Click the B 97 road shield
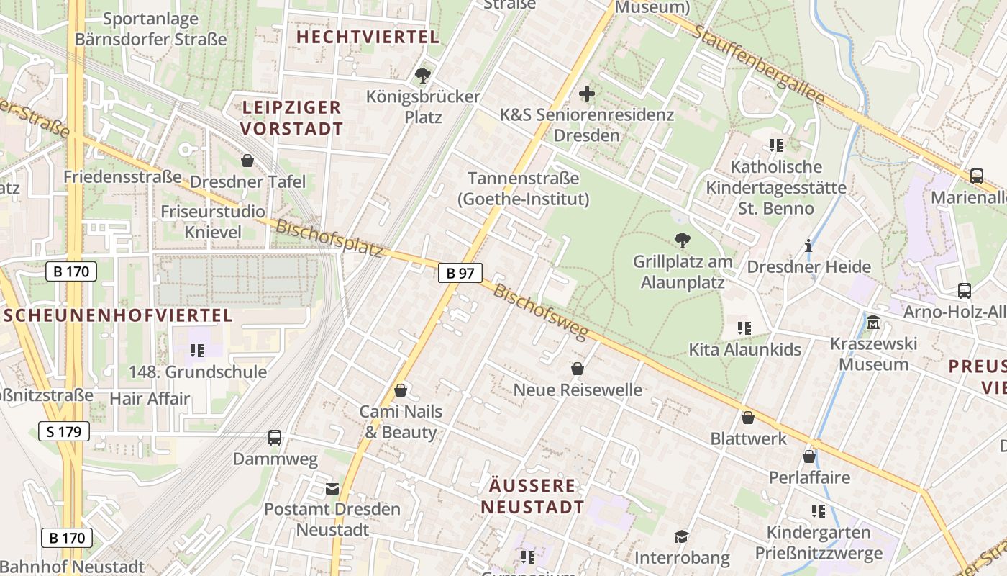coord(460,273)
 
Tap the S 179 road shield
coord(64,431)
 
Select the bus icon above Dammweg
coord(275,437)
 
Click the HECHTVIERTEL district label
coord(368,37)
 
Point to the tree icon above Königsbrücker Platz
coord(423,75)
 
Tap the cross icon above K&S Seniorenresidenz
coord(587,94)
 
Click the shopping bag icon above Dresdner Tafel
coord(247,160)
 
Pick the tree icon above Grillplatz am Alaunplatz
coord(682,240)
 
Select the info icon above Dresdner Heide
coord(808,246)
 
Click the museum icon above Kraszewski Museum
coord(873,322)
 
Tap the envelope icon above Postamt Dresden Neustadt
coord(332,489)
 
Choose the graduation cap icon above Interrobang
coord(681,536)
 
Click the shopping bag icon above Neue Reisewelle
coord(577,369)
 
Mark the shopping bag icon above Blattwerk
coord(748,418)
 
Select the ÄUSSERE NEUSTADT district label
coord(532,496)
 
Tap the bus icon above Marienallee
coord(977,176)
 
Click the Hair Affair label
coord(150,398)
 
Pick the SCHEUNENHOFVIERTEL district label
coord(118,315)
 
